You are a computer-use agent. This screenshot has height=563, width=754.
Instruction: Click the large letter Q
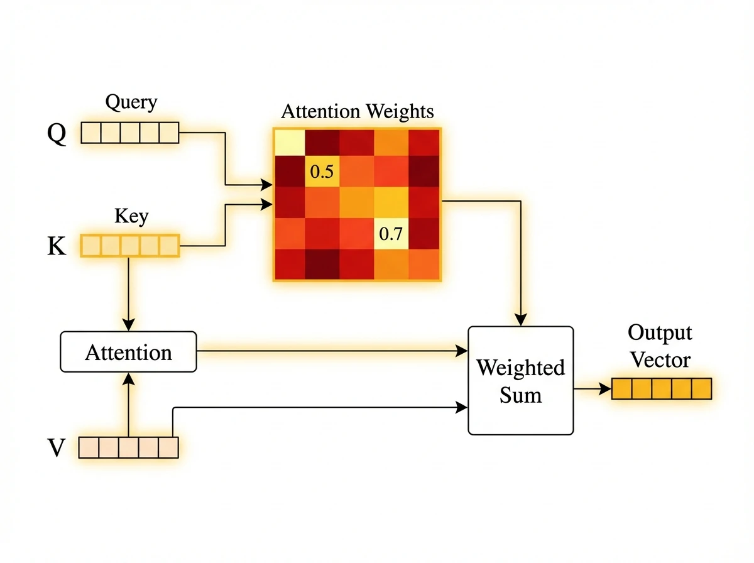57,134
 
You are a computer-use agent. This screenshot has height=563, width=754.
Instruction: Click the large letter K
57,246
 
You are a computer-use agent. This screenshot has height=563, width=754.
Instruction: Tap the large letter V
57,449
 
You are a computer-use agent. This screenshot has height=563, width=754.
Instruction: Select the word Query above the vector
131,102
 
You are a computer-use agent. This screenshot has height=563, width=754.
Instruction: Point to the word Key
131,217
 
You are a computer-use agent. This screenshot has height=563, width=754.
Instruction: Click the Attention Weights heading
357,112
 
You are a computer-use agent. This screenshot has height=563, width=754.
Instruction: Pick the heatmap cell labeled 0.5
322,172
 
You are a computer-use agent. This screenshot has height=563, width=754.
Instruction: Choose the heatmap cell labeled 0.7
391,234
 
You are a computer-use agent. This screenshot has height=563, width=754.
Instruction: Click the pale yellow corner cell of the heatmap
288,142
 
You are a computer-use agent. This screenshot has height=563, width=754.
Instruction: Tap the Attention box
128,352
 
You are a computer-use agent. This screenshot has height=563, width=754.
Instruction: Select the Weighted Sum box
520,380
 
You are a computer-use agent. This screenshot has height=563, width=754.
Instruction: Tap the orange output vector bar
662,389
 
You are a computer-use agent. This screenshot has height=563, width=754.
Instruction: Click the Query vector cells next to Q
130,133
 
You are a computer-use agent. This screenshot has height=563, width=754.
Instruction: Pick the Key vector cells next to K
130,246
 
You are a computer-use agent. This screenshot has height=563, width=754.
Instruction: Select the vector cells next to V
129,447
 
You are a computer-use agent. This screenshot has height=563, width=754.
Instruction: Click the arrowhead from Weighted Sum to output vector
606,389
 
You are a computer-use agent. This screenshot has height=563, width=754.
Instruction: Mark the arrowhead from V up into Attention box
128,378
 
